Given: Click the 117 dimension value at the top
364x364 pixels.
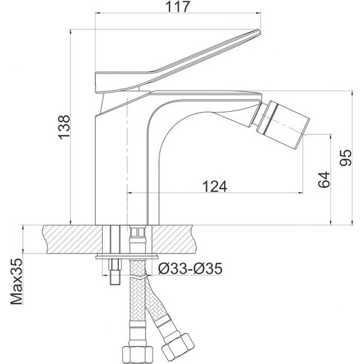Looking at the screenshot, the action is pos(178,7).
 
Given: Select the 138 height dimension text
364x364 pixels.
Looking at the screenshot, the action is pos(64,127).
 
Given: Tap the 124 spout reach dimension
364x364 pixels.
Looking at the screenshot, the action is pos(215,186).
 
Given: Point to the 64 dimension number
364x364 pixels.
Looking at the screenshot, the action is pos(324,179).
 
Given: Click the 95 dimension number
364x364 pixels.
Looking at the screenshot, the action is pos(345,158).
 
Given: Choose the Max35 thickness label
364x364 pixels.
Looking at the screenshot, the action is pos(17,281).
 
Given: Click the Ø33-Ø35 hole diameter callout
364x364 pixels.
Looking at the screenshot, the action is pos(190,269).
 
